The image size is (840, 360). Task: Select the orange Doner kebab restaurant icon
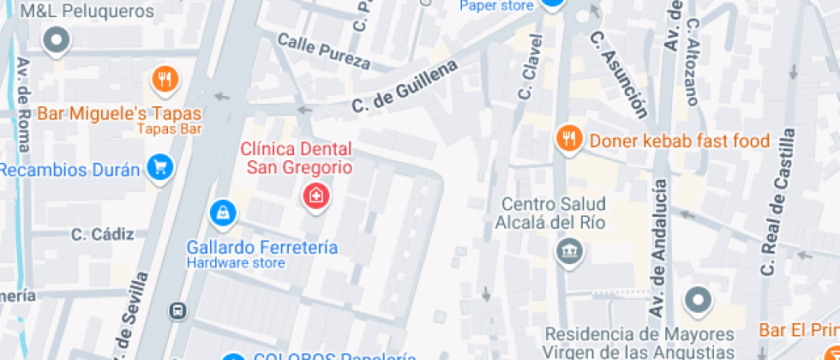coord(568,138)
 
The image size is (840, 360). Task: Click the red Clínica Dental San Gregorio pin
coord(316,196)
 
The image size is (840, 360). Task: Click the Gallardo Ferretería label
coord(262,248)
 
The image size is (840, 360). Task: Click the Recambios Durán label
coord(69,169)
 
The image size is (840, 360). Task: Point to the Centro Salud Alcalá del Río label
coord(551,213)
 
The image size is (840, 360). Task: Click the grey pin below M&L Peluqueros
coord(57,40)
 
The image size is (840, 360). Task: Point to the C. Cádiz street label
coord(103,234)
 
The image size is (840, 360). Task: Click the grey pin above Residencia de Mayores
coord(698,301)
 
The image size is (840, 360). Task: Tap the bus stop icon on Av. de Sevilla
coord(178,310)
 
